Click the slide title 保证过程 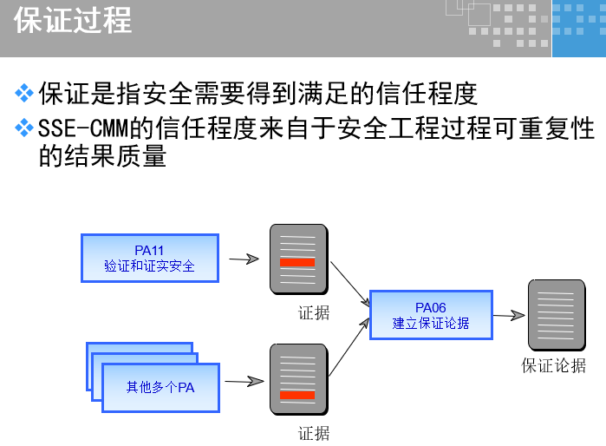(73, 20)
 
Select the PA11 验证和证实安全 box (149, 258)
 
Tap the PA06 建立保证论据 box (431, 315)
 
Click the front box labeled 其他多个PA (160, 387)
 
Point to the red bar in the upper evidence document (297, 262)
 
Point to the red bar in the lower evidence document (297, 397)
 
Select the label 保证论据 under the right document (553, 365)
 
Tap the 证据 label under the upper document (314, 312)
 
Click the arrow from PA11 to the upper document (244, 258)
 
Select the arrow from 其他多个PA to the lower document (244, 381)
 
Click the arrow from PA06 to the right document (510, 316)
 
